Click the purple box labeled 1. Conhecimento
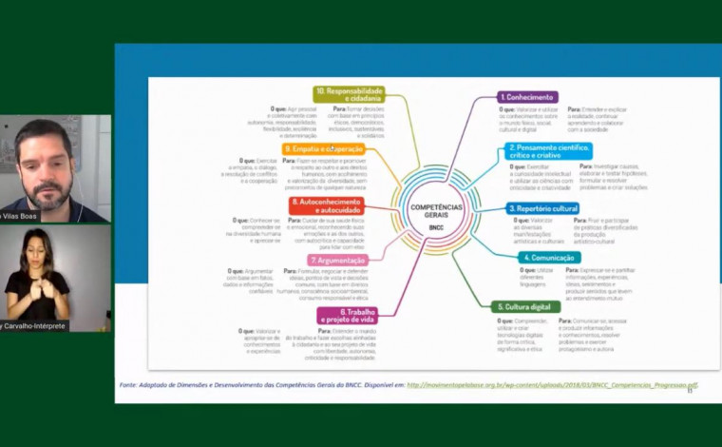coord(528,97)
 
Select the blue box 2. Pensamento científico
coord(549,150)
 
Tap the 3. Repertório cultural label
coord(542,208)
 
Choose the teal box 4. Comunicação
coord(548,257)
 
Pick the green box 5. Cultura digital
coord(526,307)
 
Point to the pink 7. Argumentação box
coord(338,260)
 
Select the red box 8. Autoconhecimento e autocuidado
coord(326,204)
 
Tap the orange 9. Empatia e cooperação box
coord(322,149)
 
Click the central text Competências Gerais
coord(436,210)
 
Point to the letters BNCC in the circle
coord(436,228)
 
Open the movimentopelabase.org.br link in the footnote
coord(552,385)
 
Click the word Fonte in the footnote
coord(129,385)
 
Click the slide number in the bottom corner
coord(690,390)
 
